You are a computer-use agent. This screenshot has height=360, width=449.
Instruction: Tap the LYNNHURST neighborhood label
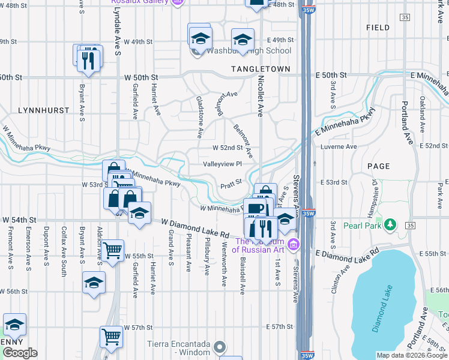[41, 111]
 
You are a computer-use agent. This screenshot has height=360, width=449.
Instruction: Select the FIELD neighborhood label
[377, 28]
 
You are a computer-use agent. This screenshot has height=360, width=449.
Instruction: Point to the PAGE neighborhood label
[378, 166]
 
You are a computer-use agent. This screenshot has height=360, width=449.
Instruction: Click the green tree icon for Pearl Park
[391, 225]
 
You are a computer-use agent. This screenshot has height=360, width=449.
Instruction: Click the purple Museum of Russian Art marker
[293, 244]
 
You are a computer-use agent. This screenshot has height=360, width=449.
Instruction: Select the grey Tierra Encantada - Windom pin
[220, 347]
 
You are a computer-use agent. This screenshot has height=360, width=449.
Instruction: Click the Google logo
[20, 353]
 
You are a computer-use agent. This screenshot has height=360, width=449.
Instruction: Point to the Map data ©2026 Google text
[412, 355]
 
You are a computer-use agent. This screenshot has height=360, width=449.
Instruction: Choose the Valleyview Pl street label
[221, 164]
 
